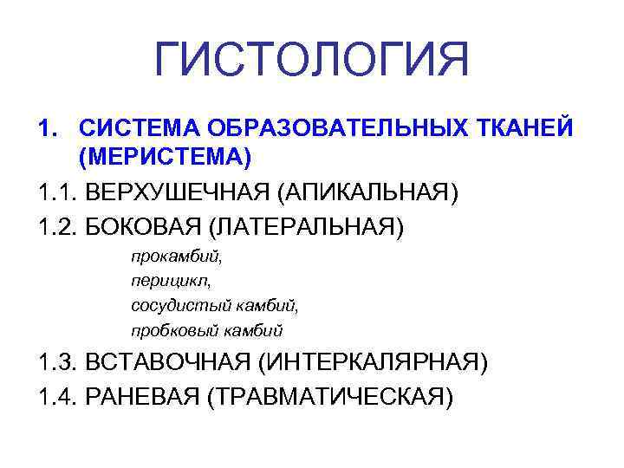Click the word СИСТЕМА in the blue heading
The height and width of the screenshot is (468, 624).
(x=131, y=128)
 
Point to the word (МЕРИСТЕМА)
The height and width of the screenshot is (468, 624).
(x=164, y=158)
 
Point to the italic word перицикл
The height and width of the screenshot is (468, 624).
(x=167, y=282)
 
